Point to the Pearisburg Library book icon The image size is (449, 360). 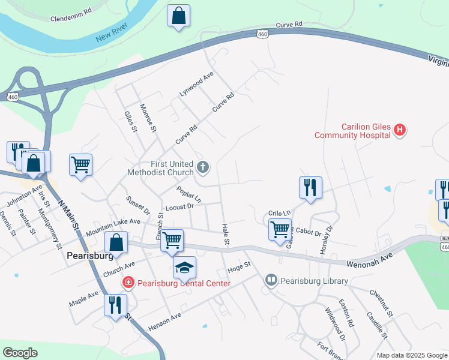(x=271, y=280)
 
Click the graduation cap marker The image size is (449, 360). (x=184, y=268)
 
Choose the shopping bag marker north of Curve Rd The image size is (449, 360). (x=179, y=17)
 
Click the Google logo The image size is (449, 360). (x=20, y=352)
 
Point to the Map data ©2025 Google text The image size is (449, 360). (x=411, y=355)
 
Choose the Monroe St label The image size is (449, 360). (x=148, y=118)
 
